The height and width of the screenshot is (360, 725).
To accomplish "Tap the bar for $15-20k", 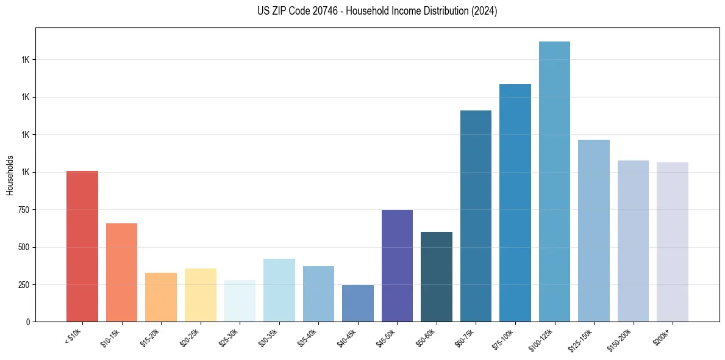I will pyautogui.click(x=161, y=297).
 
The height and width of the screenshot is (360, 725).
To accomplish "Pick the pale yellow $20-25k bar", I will pyautogui.click(x=200, y=295).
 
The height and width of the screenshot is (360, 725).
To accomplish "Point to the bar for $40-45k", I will pyautogui.click(x=358, y=303).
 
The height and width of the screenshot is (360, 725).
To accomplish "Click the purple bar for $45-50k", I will pyautogui.click(x=397, y=265).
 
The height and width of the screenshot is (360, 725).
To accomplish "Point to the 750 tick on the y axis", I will pyautogui.click(x=24, y=210).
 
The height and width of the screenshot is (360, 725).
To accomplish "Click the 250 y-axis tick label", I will pyautogui.click(x=24, y=285).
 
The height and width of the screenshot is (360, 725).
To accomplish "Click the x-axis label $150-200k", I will pyautogui.click(x=621, y=339).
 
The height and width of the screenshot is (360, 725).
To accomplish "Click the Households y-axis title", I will pyautogui.click(x=10, y=175).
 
